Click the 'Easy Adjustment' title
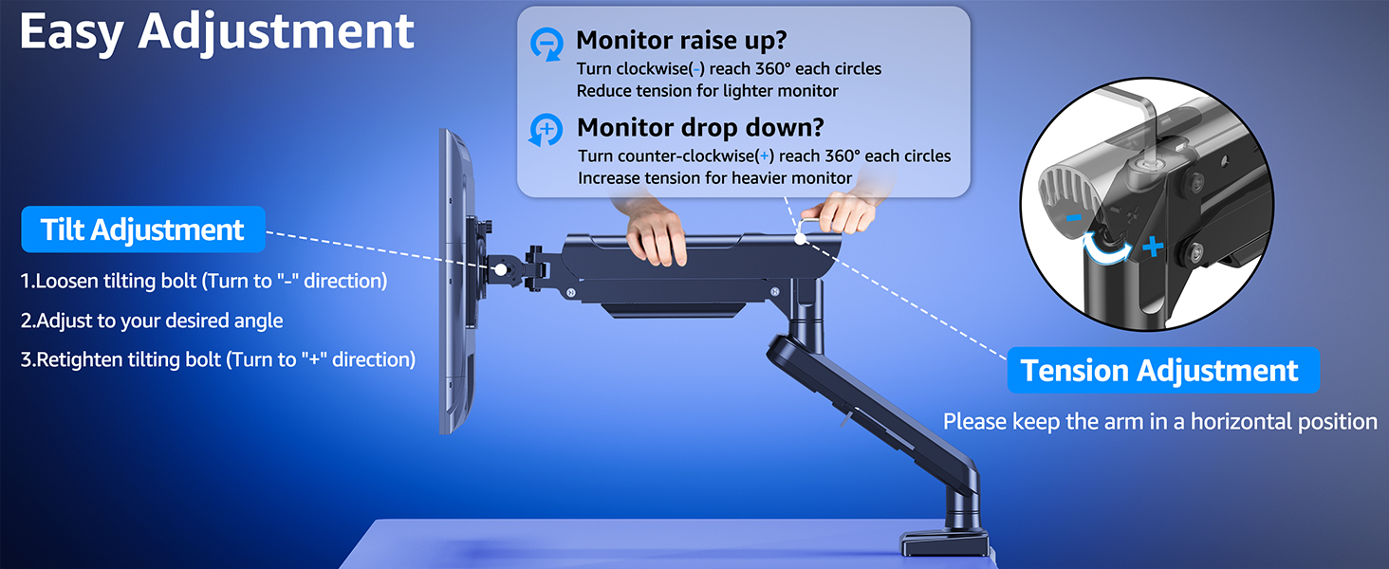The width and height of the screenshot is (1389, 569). (x=216, y=32)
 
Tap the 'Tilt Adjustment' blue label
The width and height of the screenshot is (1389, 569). (x=142, y=229)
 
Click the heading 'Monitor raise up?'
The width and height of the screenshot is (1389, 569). (x=681, y=41)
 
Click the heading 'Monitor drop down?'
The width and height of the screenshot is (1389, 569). (x=700, y=127)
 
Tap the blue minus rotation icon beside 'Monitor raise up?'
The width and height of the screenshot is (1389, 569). (x=546, y=44)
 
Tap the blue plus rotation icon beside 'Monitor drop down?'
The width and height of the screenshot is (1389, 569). (x=546, y=130)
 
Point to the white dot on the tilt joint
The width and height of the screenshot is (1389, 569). (x=499, y=269)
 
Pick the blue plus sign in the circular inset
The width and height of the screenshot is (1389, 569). (x=1152, y=248)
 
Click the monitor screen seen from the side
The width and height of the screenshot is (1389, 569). (x=456, y=284)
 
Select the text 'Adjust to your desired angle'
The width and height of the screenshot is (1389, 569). (x=152, y=321)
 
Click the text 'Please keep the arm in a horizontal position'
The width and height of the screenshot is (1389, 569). (x=1159, y=421)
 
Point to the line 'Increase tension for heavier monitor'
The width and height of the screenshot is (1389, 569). (x=715, y=178)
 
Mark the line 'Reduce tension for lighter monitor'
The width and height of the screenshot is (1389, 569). (x=707, y=91)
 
